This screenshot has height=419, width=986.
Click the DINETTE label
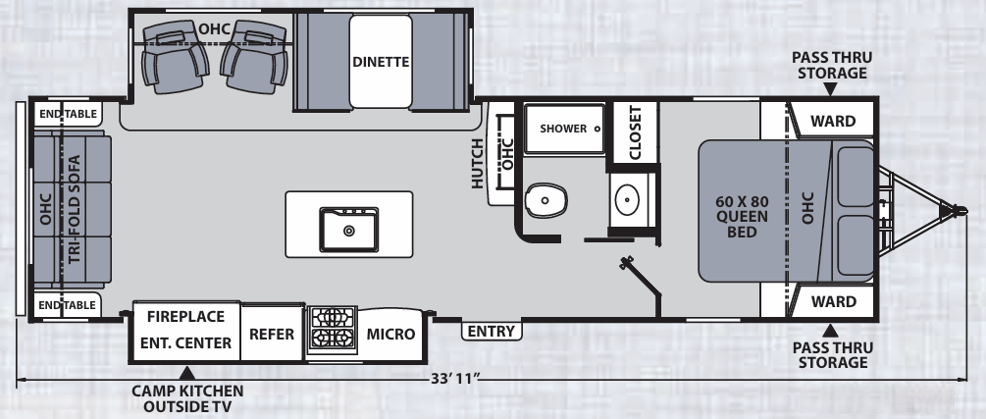(x=381, y=62)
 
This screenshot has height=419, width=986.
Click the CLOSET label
(x=634, y=131)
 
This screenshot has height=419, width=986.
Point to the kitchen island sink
(x=348, y=229)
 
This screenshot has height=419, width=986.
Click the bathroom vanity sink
(x=627, y=201)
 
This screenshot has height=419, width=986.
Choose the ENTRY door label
(x=492, y=332)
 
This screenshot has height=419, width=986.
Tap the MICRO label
(x=390, y=334)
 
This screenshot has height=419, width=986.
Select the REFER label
(x=272, y=334)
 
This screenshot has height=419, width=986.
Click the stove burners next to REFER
(x=332, y=329)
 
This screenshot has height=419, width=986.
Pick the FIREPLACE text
(x=186, y=317)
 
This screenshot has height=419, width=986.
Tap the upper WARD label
(x=833, y=122)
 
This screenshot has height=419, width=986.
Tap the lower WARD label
(x=833, y=301)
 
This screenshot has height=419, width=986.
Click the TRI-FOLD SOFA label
(x=75, y=209)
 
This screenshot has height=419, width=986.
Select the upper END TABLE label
(x=67, y=114)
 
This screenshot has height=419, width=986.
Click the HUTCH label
(x=478, y=162)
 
